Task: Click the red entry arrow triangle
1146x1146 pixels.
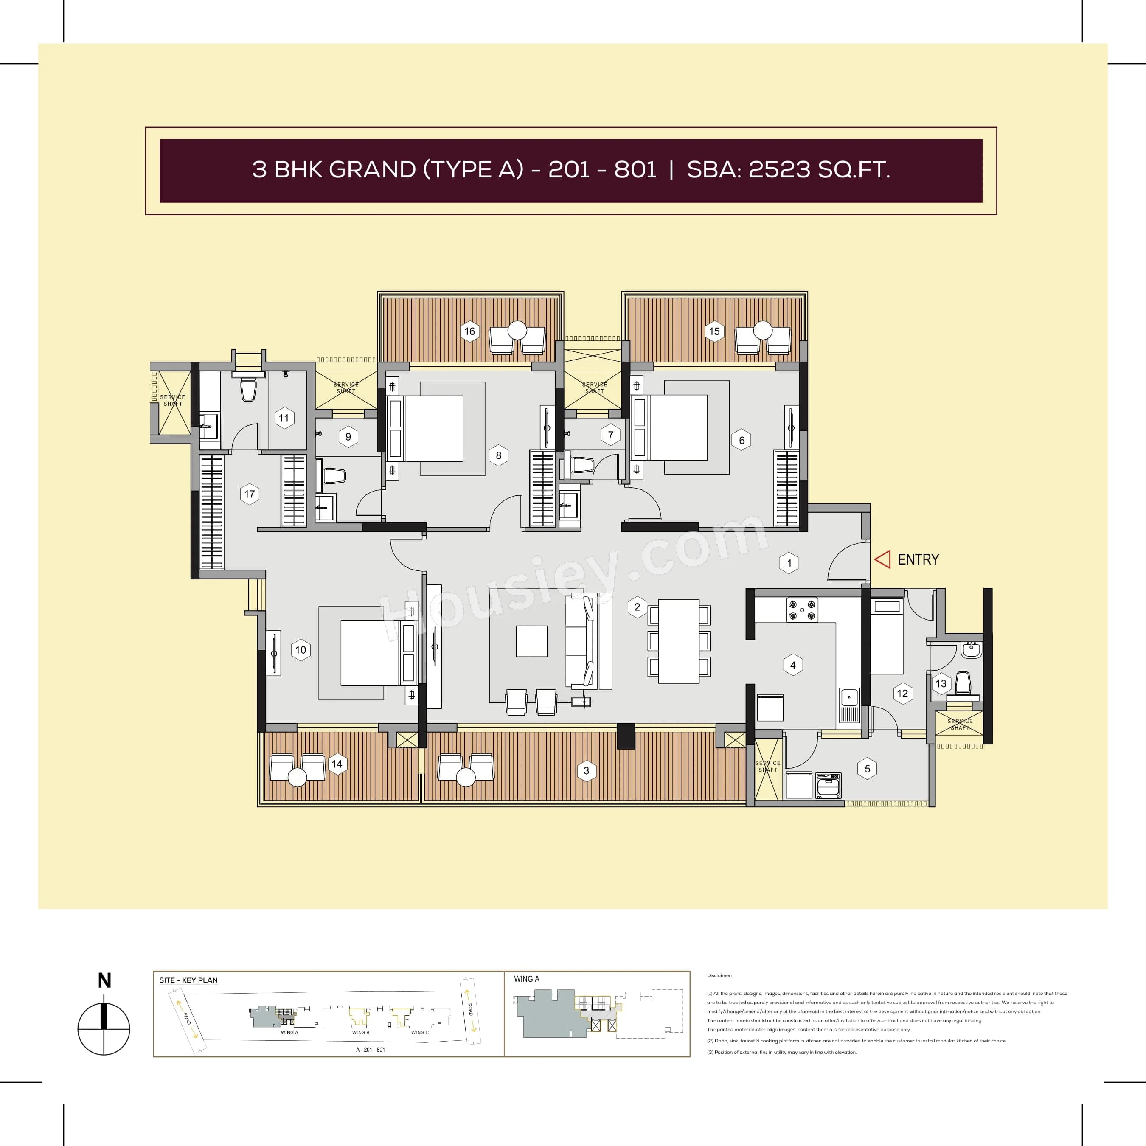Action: click(883, 559)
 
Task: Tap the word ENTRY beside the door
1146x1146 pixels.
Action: click(918, 559)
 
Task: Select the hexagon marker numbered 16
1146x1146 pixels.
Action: click(470, 331)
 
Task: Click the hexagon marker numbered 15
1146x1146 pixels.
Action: click(714, 331)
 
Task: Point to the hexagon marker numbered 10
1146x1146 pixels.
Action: click(301, 649)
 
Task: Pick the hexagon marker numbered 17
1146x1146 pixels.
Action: click(250, 494)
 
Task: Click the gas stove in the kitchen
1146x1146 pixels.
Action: click(802, 609)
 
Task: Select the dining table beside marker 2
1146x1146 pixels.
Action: click(679, 640)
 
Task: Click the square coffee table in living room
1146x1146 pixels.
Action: click(531, 640)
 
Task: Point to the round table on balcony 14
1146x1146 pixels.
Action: click(297, 776)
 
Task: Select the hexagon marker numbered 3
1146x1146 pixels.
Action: click(587, 770)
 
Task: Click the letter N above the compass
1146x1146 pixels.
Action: click(104, 980)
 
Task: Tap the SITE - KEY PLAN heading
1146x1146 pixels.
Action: click(188, 980)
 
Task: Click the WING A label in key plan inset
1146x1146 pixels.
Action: click(526, 979)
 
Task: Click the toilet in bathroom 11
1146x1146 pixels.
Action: click(248, 390)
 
